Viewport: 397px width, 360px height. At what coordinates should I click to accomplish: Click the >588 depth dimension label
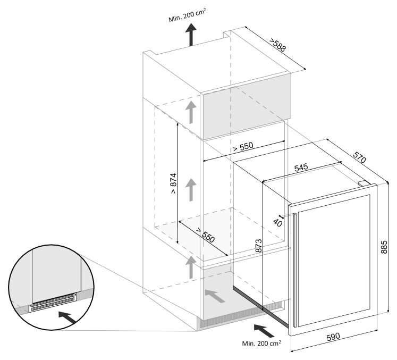[277, 46]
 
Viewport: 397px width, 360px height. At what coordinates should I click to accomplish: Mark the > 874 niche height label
[173, 183]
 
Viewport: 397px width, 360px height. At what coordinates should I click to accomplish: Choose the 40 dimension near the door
[277, 223]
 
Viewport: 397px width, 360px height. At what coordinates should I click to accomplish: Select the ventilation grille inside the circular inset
[54, 304]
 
